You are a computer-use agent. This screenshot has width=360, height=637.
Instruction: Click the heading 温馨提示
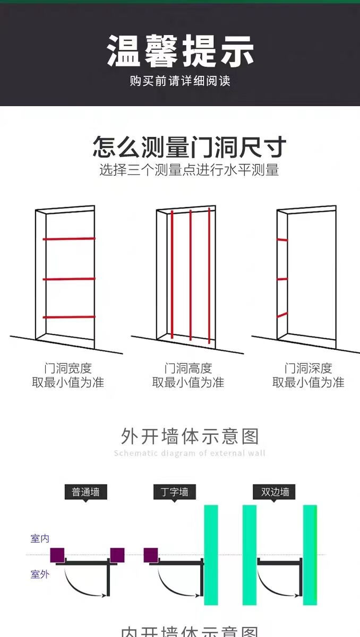point(180,51)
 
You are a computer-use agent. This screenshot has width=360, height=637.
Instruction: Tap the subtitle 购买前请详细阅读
point(180,81)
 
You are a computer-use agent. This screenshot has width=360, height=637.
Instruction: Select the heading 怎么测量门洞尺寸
point(190,147)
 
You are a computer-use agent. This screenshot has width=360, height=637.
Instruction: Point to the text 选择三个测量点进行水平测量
point(189,170)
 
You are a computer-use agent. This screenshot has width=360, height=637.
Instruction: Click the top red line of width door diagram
point(69,238)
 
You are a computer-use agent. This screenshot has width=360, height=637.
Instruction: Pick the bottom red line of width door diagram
point(69,317)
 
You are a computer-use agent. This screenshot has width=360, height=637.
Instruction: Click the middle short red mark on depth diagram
point(282,279)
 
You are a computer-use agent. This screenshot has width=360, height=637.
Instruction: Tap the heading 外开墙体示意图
point(190,436)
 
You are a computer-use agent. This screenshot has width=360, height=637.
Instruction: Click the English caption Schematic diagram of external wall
point(190,453)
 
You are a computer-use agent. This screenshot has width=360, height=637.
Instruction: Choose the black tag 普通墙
point(85,492)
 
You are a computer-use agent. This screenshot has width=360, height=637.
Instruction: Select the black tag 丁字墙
point(174,492)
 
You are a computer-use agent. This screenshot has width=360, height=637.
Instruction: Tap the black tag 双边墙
point(275,492)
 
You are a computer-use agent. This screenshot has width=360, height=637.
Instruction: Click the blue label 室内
point(40,538)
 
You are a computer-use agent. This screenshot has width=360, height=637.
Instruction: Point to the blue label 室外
point(40,574)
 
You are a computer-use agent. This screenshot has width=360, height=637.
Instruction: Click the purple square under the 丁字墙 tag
point(151,555)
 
